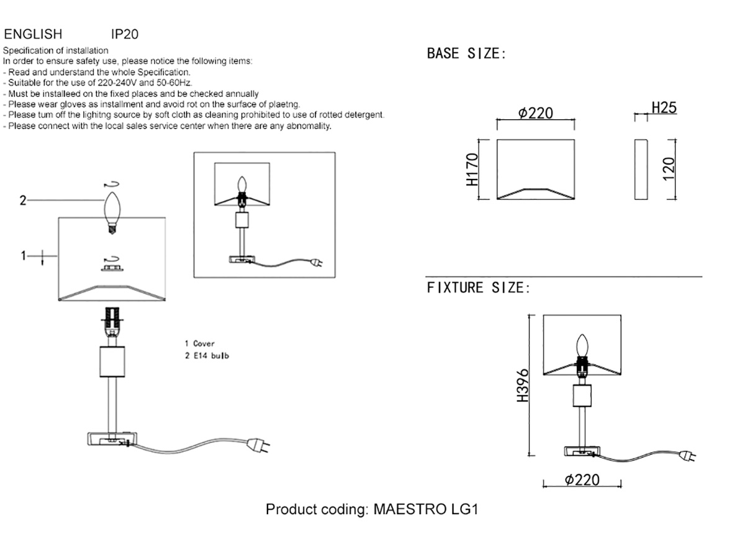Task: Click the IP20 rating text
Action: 124,34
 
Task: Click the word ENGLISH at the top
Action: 33,34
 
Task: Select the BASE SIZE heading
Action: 466,54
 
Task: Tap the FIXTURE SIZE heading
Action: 478,288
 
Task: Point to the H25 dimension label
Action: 663,108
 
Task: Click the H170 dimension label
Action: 472,170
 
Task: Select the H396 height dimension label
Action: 523,385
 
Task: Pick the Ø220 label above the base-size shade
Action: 535,113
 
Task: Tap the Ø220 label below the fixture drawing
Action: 582,479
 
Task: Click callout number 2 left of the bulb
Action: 23,200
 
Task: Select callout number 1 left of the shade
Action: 23,255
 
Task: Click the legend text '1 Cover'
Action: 199,343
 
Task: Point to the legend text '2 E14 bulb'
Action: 207,356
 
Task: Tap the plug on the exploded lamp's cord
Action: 258,445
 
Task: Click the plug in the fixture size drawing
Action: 687,456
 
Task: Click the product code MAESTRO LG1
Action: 372,509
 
